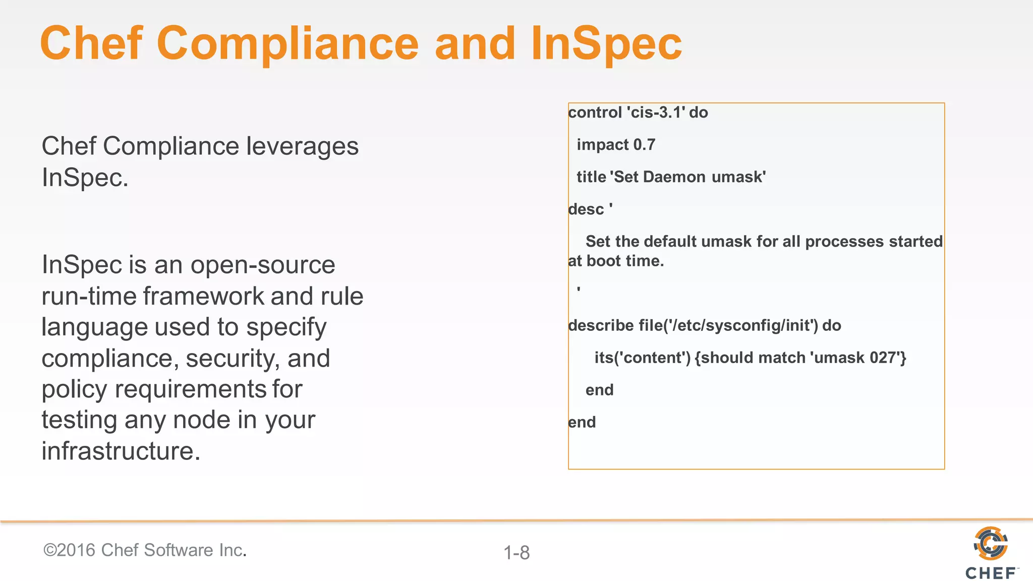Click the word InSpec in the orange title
click(606, 44)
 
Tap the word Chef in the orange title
click(91, 43)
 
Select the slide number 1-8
click(516, 553)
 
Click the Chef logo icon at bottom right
click(991, 543)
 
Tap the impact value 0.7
click(644, 145)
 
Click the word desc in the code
click(586, 209)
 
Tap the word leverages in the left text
click(302, 147)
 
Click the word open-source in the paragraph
click(262, 265)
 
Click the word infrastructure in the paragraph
click(121, 451)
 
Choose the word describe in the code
click(601, 325)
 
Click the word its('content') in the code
click(642, 358)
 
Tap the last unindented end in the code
click(582, 422)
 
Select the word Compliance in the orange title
click(288, 44)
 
